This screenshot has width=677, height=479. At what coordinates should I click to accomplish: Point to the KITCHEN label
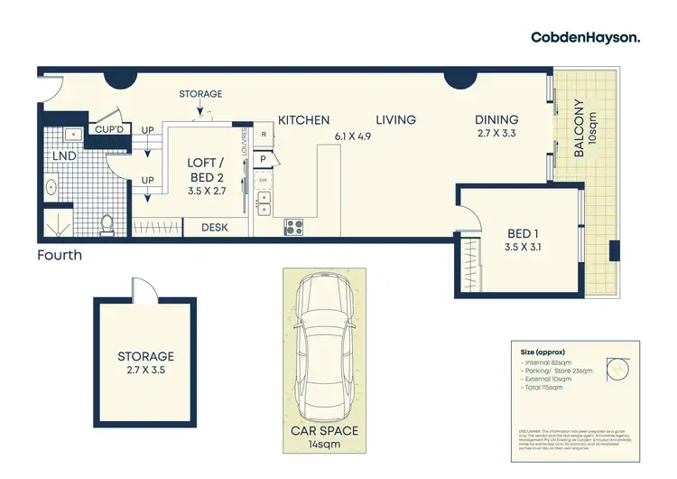(x=303, y=120)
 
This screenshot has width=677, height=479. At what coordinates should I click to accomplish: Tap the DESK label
(x=215, y=228)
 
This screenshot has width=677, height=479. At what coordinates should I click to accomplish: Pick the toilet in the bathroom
(x=107, y=222)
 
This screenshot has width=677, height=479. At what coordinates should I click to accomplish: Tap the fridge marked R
(x=264, y=136)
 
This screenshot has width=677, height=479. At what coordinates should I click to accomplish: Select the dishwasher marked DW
(x=264, y=180)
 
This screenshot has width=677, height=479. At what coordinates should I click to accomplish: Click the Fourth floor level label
(x=60, y=256)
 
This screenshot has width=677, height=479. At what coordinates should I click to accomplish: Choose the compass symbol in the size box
(x=617, y=366)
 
